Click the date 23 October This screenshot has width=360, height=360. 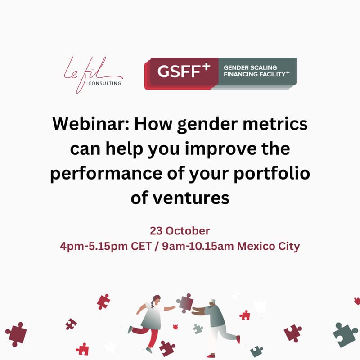(180, 231)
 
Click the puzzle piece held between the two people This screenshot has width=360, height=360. (184, 302)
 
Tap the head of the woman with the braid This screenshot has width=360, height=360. (156, 299)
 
